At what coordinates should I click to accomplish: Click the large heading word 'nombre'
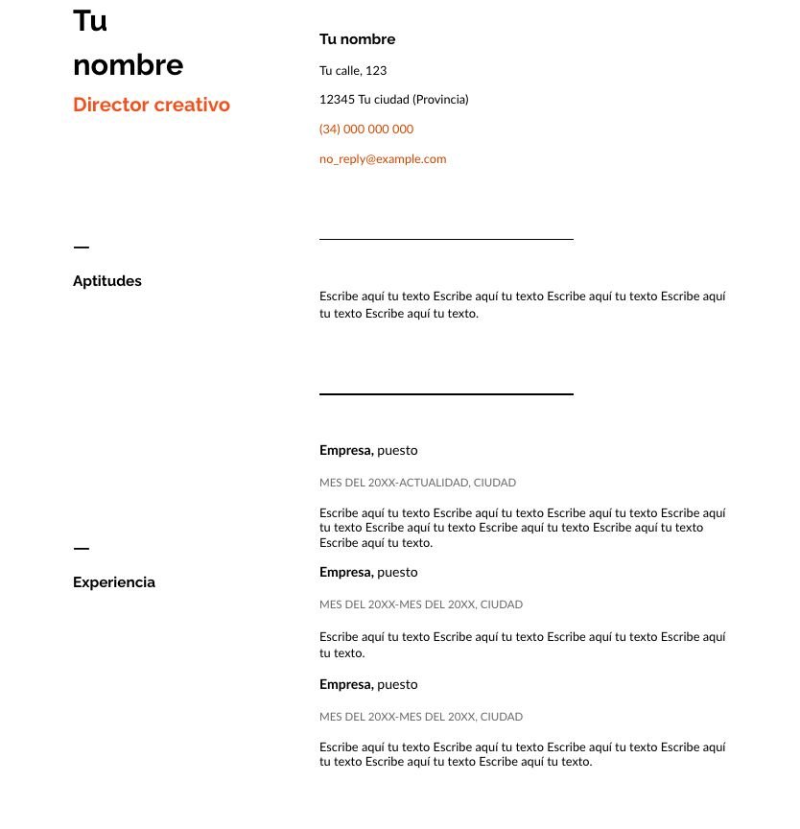coord(128,65)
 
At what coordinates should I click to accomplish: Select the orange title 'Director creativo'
coord(152,105)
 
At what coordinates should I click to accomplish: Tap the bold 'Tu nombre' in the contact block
coord(357,39)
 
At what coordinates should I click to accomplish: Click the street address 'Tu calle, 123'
coord(353,70)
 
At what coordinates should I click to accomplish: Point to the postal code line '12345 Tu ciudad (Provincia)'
coord(393,100)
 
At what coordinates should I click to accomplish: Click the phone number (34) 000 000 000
coord(366,130)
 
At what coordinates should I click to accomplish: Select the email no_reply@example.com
coord(383,159)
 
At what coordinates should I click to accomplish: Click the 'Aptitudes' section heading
coord(107,281)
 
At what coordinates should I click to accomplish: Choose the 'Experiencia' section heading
coord(114,582)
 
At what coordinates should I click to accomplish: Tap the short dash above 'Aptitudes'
coord(82,248)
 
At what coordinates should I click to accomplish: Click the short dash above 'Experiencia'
coord(82,549)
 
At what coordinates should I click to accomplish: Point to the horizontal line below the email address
coord(446,239)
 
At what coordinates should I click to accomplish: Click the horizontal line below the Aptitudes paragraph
coord(446,393)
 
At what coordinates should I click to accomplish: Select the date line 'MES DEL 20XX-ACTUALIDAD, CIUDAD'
coord(417,483)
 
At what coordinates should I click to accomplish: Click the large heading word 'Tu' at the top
coord(90,21)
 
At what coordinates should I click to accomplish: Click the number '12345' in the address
coord(337,100)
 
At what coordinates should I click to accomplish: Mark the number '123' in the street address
coord(376,70)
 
